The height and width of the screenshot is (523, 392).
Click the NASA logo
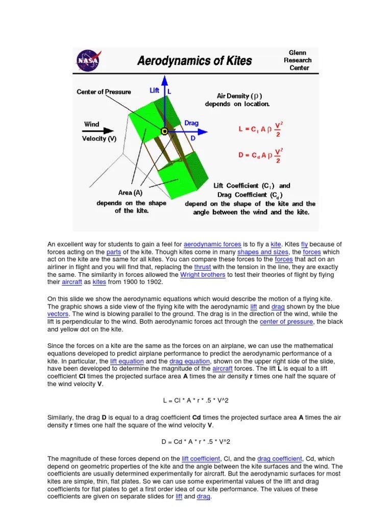(87, 60)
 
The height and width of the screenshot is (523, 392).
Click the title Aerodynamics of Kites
(194, 61)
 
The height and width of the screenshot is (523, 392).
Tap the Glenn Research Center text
(298, 60)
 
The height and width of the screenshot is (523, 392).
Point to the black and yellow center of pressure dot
(164, 131)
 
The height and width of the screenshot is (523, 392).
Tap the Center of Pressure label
(104, 92)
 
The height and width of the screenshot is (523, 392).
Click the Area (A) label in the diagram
(130, 193)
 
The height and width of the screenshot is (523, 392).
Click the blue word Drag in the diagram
(191, 124)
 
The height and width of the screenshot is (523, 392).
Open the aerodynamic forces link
(212, 245)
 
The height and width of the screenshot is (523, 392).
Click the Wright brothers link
(203, 274)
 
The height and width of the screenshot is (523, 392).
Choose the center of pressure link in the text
(287, 322)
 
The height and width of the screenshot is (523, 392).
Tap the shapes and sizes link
(266, 252)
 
